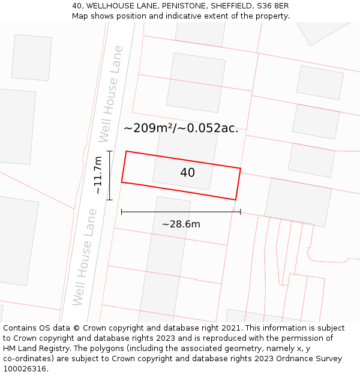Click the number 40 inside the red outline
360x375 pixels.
(187, 173)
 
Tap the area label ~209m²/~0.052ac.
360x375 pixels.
(181, 128)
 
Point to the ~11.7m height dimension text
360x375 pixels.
(98, 175)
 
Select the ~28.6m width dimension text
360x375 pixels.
(181, 224)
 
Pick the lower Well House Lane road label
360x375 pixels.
(84, 256)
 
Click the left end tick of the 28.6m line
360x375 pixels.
(121, 212)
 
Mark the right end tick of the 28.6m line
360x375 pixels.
(241, 212)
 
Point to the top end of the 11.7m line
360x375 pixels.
(109, 151)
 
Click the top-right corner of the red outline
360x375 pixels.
(241, 169)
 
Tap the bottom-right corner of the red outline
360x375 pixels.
(235, 200)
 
